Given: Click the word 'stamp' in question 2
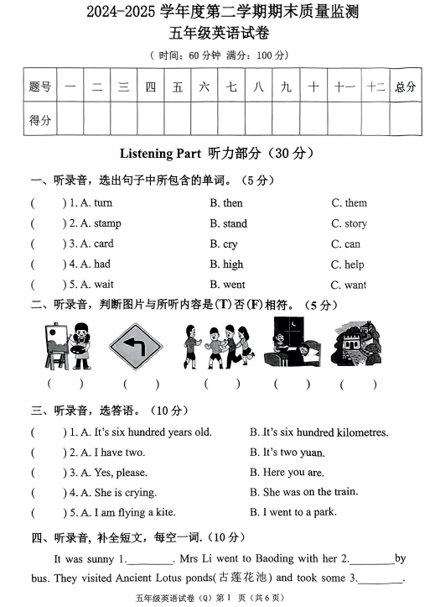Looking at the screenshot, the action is [106, 223].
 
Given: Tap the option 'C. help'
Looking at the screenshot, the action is [347, 264].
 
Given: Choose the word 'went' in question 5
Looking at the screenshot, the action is [234, 285].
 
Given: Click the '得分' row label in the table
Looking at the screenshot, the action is [40, 120].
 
